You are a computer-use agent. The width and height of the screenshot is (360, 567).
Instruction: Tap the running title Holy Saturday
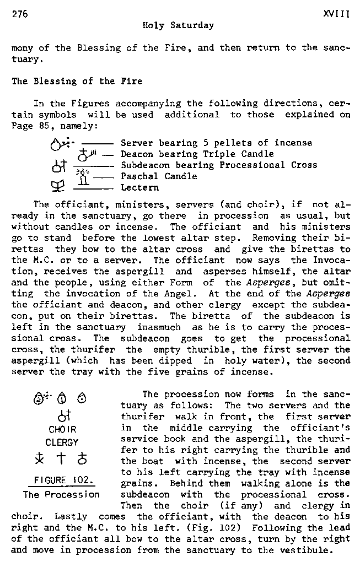[x=178, y=25]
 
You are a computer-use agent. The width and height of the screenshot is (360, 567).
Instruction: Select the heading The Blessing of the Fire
[x=77, y=81]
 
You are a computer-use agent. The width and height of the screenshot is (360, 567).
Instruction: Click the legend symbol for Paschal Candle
[x=83, y=176]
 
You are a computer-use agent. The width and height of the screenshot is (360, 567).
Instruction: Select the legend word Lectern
[x=139, y=187]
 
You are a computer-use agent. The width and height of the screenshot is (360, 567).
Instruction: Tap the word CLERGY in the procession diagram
[x=62, y=442]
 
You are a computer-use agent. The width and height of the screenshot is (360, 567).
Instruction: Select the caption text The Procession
[x=61, y=494]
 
